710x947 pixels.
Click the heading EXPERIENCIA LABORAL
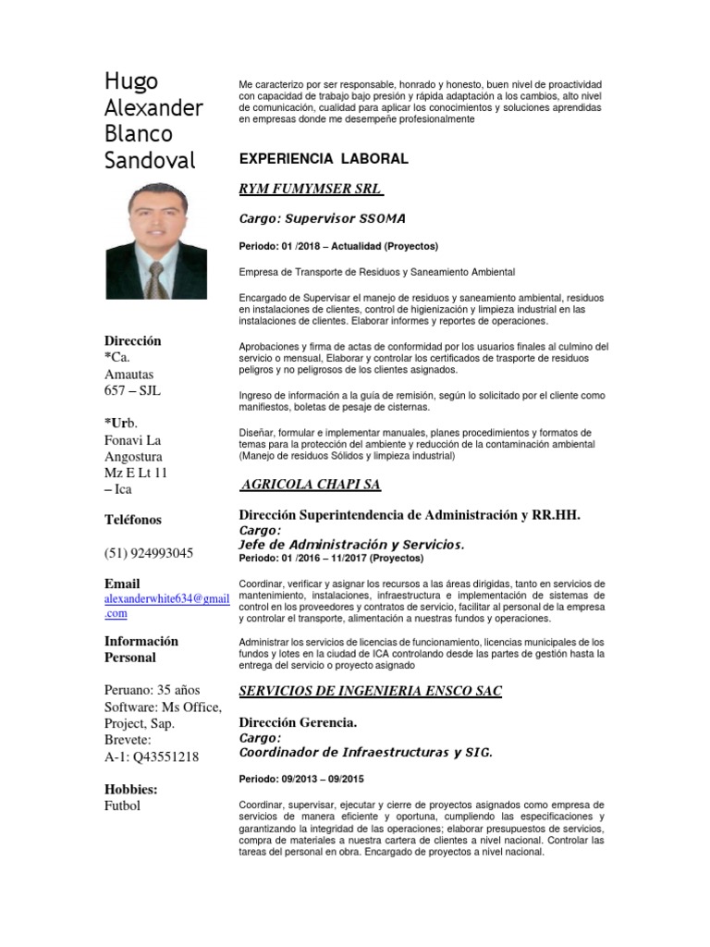(323, 159)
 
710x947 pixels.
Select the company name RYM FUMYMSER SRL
(311, 189)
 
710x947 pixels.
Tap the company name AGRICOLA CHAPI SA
(311, 485)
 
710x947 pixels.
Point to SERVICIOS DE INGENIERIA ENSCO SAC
(370, 691)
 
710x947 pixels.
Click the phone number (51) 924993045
(149, 553)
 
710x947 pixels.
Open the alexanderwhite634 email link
(166, 599)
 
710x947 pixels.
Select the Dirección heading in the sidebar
(132, 340)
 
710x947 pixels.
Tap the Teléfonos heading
(133, 520)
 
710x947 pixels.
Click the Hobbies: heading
(130, 789)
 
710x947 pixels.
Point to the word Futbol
(123, 806)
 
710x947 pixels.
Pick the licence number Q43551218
(165, 756)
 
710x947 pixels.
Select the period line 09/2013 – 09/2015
(301, 780)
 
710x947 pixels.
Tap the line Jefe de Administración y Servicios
(351, 545)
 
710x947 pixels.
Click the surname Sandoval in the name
(150, 160)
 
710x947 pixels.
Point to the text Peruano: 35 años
(152, 690)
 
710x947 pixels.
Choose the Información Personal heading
(141, 649)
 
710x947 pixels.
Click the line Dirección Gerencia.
(298, 721)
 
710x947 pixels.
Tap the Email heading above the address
(122, 584)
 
